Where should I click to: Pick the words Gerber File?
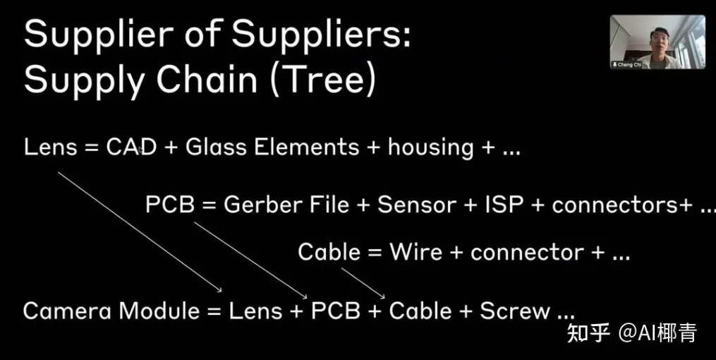click(286, 205)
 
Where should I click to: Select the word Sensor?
click(416, 205)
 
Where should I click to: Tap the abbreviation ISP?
click(504, 205)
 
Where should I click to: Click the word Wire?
click(416, 252)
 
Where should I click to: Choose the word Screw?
click(515, 311)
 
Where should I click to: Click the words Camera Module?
click(111, 311)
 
